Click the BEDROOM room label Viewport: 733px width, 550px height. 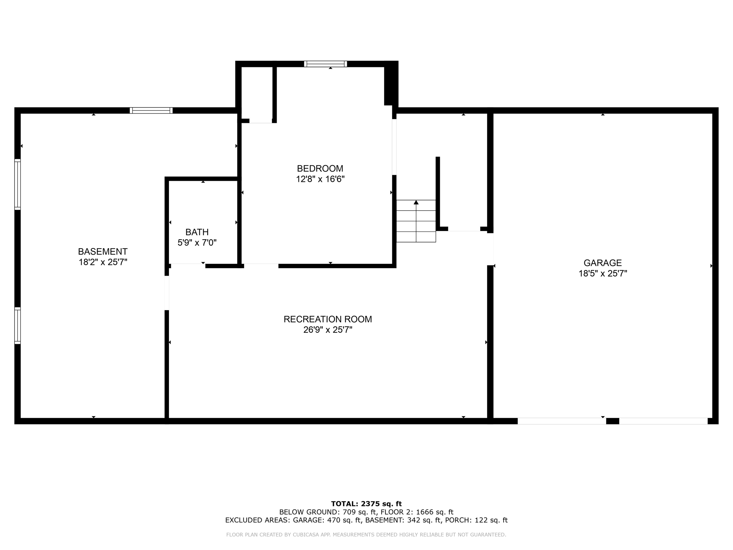pyautogui.click(x=320, y=168)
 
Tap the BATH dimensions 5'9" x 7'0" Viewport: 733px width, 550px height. pyautogui.click(x=197, y=243)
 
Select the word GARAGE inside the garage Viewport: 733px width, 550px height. pyautogui.click(x=603, y=263)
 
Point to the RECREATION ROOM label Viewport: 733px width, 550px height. pyautogui.click(x=327, y=319)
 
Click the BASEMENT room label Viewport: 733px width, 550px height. pyautogui.click(x=103, y=251)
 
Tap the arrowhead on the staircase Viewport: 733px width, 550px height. pyautogui.click(x=416, y=202)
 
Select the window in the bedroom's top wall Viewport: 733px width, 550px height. pyautogui.click(x=325, y=64)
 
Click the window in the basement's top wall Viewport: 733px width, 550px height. pyautogui.click(x=151, y=110)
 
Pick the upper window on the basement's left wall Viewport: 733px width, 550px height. pyautogui.click(x=18, y=184)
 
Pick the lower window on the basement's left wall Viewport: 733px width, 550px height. pyautogui.click(x=18, y=325)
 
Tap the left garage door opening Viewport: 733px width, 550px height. pyautogui.click(x=562, y=421)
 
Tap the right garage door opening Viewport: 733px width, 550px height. pyautogui.click(x=663, y=421)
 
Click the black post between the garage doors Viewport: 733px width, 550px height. pyautogui.click(x=612, y=421)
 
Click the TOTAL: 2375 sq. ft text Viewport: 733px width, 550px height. pyautogui.click(x=366, y=504)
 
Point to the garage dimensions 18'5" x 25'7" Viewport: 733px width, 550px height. pyautogui.click(x=603, y=274)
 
